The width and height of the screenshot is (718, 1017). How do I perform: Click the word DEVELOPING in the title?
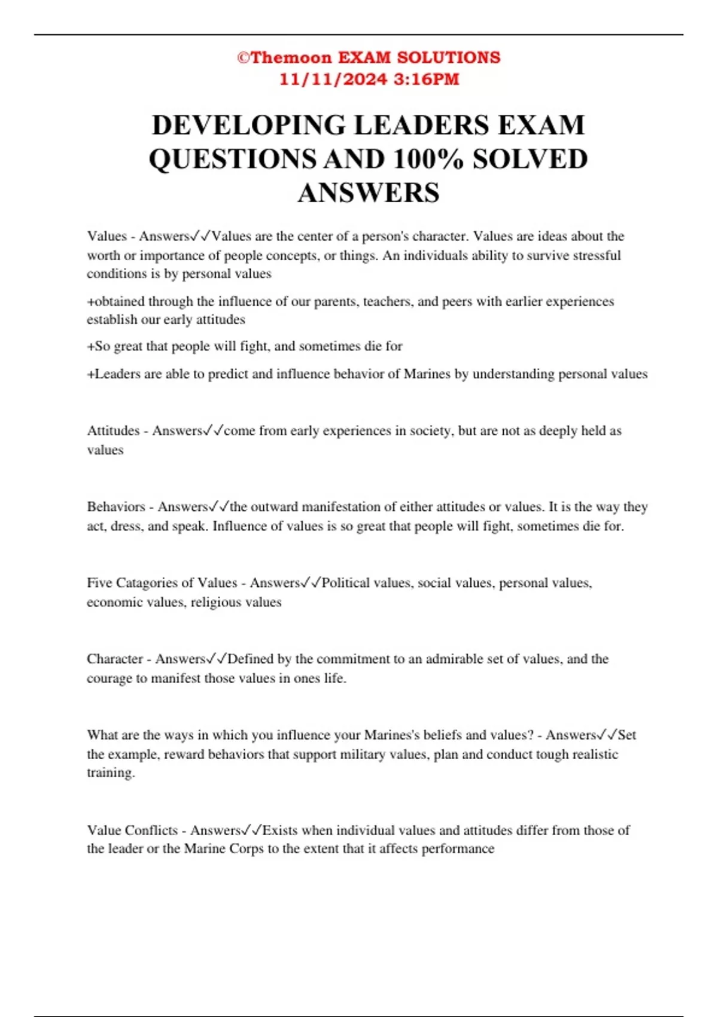pos(249,125)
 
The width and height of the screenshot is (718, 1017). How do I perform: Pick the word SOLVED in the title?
pos(530,159)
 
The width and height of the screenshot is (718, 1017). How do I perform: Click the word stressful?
pos(597,255)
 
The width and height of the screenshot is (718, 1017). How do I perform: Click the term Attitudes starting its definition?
pos(113,431)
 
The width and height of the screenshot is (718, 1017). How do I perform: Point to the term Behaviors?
pos(116,507)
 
